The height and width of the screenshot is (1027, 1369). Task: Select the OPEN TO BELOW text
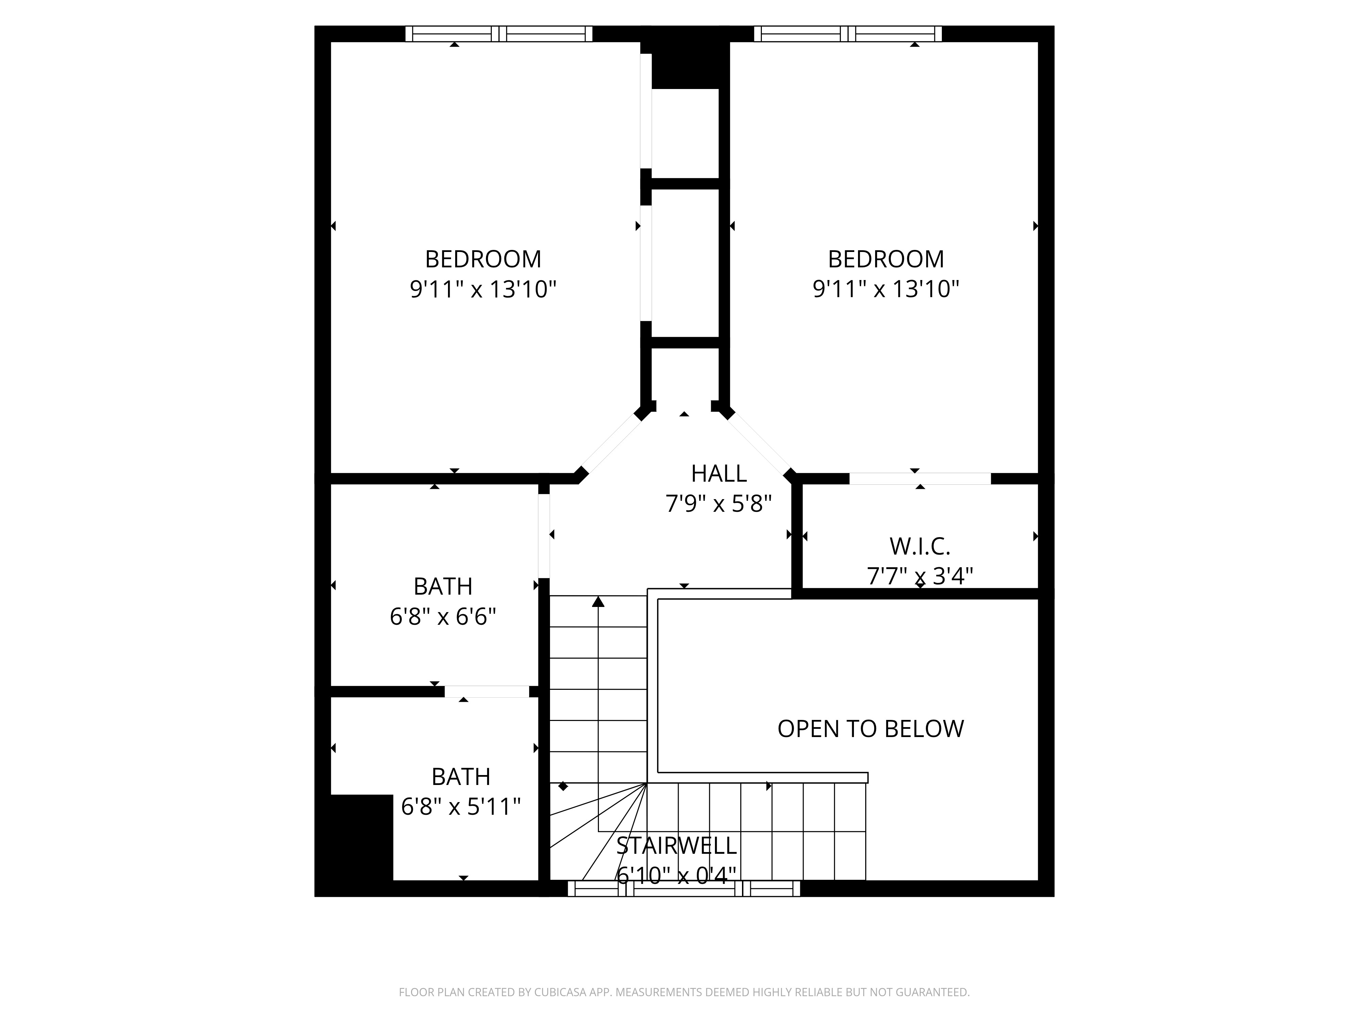[871, 729]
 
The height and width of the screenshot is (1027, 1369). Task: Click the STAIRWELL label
[676, 846]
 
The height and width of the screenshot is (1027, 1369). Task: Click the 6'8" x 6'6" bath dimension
[443, 617]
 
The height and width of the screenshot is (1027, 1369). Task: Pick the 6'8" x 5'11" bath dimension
[461, 807]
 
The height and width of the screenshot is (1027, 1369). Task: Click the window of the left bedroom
[499, 34]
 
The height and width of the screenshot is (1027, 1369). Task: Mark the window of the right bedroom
[848, 34]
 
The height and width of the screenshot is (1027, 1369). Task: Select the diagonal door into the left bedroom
[611, 443]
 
